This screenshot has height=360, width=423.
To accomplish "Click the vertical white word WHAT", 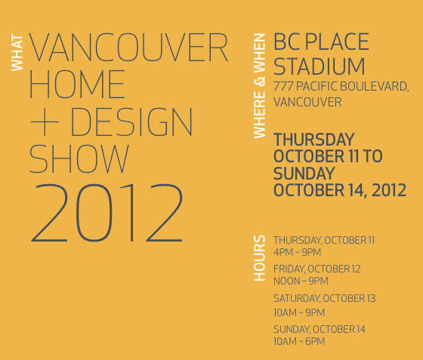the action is point(17,53).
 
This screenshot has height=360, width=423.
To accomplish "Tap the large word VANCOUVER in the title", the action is point(128,48).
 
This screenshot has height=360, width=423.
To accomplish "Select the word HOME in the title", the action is point(77,84).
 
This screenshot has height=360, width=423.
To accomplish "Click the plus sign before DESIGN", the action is point(45,122).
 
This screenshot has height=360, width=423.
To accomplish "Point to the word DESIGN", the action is point(131,122).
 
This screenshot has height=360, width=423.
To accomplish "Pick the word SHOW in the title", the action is point(79,158).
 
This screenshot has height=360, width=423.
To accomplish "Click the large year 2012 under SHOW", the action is point(107,213).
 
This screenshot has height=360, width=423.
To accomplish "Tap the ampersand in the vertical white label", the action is point(260,82).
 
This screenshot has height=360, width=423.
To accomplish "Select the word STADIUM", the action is point(319,66).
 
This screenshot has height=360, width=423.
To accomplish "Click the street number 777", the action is point(283,87).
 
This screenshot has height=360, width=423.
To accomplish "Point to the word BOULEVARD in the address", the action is point(374,87).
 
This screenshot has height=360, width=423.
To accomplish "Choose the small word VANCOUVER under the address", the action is point(307,103).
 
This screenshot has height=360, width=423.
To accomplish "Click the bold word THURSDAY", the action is point(314,140).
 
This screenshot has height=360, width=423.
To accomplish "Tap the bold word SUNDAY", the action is point(304,174).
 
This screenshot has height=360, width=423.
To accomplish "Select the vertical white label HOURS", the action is point(260,258).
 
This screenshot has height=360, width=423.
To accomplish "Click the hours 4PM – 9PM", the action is point(298,253).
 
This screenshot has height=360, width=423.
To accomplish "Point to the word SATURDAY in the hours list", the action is point(297,299).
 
